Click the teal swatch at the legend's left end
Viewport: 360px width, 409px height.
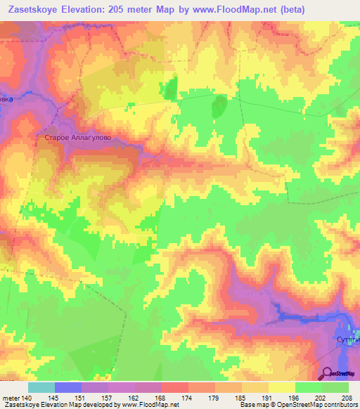tap(41, 387)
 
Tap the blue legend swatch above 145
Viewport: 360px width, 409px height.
tap(67, 387)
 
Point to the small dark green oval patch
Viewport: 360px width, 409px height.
tap(219, 107)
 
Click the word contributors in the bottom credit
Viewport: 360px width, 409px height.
tap(339, 405)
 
